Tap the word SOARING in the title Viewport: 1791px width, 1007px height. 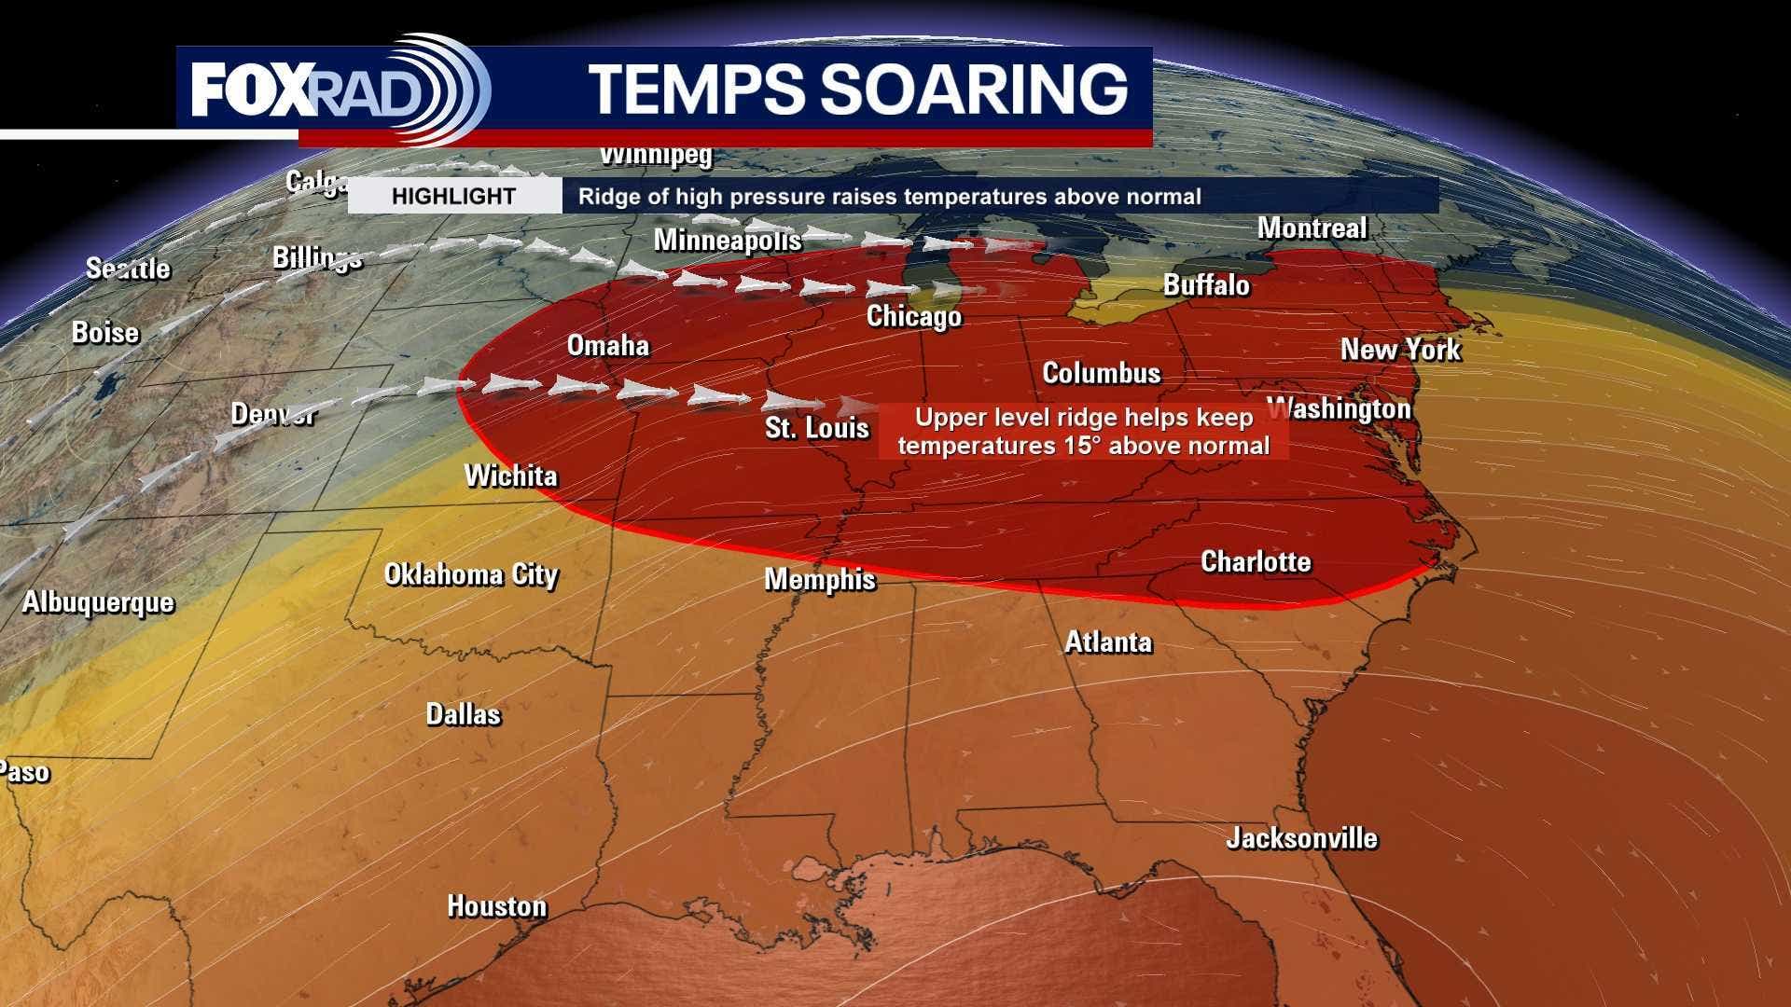click(x=974, y=89)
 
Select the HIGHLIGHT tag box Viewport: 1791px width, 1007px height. click(x=454, y=197)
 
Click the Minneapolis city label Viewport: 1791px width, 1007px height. click(x=728, y=241)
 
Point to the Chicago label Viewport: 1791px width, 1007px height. click(x=914, y=317)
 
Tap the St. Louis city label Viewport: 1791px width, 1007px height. click(x=817, y=429)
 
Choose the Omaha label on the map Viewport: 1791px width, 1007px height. click(x=608, y=346)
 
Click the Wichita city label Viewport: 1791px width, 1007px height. click(x=511, y=476)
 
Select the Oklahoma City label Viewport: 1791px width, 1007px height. click(x=471, y=574)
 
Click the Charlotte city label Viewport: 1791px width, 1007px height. click(x=1256, y=561)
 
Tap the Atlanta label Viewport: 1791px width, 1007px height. click(x=1108, y=642)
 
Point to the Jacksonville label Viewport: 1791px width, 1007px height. click(x=1301, y=838)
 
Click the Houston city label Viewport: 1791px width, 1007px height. click(x=497, y=906)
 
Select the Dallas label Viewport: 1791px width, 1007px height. click(x=464, y=715)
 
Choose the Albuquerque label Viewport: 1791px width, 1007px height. click(x=98, y=602)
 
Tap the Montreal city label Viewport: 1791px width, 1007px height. click(x=1312, y=228)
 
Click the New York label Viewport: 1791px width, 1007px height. click(x=1401, y=350)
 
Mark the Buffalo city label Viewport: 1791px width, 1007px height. click(x=1206, y=285)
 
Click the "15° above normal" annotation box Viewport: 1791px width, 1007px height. click(x=1084, y=432)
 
